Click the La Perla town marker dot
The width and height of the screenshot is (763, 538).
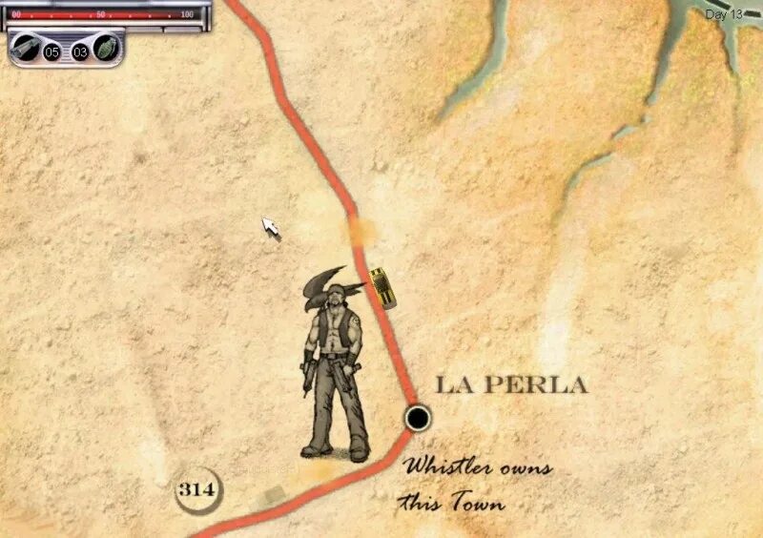417,417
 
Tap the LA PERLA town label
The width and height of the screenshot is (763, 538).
511,385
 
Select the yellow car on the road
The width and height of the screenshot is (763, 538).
382,287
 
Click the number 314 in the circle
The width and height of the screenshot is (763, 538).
196,490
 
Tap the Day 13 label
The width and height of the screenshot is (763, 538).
723,14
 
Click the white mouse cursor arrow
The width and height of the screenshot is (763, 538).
271,227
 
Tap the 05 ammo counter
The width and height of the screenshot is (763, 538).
52,52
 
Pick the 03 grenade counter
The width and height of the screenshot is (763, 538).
80,52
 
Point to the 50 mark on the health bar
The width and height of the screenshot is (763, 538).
100,15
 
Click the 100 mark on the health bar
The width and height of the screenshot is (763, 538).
186,15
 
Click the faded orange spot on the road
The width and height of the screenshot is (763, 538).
361,231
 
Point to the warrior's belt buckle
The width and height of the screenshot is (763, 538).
333,356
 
